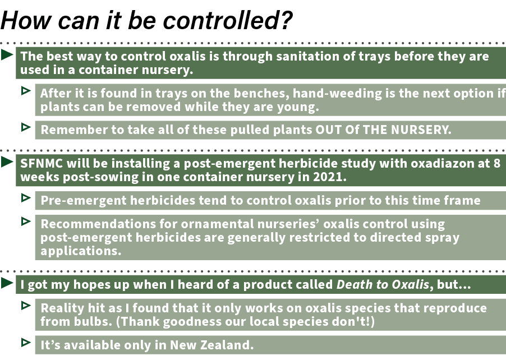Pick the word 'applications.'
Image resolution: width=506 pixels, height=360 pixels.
pyautogui.click(x=81, y=251)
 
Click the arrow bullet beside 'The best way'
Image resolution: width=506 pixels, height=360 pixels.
pyautogui.click(x=7, y=55)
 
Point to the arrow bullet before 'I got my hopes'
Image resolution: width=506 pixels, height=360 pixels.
pyautogui.click(x=7, y=283)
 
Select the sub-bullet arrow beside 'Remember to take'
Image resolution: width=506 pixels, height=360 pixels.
pyautogui.click(x=26, y=127)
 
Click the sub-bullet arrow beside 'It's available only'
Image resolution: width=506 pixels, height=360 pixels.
pyautogui.click(x=26, y=341)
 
